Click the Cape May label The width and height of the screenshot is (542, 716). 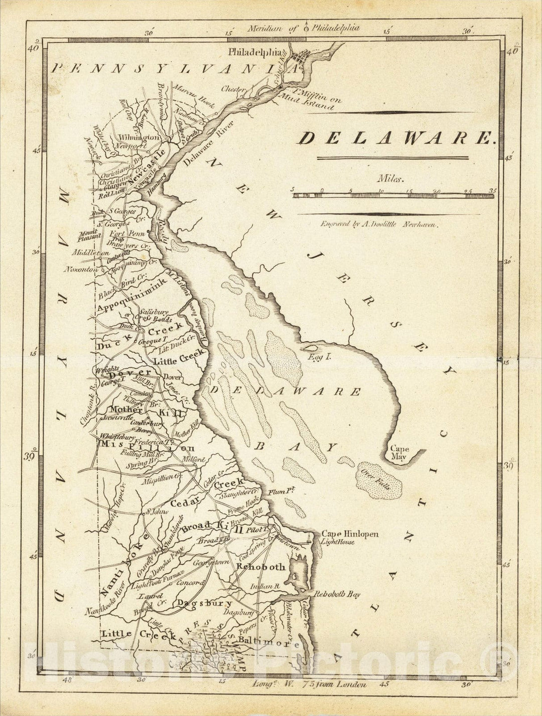pyautogui.click(x=399, y=453)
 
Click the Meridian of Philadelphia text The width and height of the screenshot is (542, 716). pyautogui.click(x=303, y=28)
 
